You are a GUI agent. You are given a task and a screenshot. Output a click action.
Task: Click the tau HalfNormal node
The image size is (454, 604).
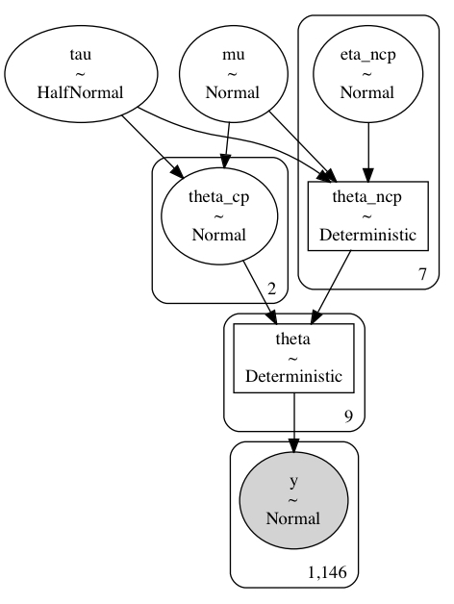click(x=81, y=73)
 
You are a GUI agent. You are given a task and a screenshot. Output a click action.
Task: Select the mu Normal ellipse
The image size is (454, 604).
click(x=233, y=73)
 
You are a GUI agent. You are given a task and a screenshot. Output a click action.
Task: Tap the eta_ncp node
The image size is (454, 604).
click(x=367, y=73)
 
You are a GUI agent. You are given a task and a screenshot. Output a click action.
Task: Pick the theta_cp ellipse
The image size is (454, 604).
click(x=219, y=216)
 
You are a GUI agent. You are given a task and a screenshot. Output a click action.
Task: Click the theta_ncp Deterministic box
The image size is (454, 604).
click(x=367, y=216)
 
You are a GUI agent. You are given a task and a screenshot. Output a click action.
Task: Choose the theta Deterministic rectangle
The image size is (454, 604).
click(x=293, y=358)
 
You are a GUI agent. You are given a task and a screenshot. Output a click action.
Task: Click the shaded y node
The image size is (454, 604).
click(x=293, y=500)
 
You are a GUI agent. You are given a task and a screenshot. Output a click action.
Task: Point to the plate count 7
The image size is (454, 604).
click(x=423, y=274)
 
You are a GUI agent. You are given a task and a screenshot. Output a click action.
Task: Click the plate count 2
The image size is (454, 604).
click(x=271, y=289)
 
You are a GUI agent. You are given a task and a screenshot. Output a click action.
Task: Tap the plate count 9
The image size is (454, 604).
click(x=348, y=416)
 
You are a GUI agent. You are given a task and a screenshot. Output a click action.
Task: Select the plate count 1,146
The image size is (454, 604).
click(x=327, y=573)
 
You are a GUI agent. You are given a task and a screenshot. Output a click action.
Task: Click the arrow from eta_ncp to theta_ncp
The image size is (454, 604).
click(x=368, y=152)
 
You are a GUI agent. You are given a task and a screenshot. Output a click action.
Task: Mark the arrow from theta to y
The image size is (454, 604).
click(x=294, y=422)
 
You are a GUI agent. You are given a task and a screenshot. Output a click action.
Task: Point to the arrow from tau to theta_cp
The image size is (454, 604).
click(x=153, y=146)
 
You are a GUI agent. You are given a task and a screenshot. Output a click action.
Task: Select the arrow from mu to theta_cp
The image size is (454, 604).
click(x=227, y=145)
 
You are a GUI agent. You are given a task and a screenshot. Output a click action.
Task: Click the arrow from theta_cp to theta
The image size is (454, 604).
click(x=260, y=292)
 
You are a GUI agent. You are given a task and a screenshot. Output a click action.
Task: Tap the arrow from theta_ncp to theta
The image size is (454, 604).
click(x=331, y=287)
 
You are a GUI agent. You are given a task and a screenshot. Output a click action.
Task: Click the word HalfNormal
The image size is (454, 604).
click(x=80, y=93)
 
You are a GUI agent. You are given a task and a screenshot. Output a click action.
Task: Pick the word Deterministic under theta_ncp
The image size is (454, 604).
click(x=367, y=235)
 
